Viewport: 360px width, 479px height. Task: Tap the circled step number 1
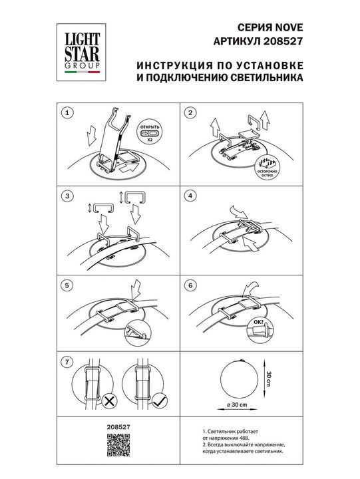click(65, 114)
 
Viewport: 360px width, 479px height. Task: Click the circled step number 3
click(65, 196)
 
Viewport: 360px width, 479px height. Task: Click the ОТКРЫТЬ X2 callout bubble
click(150, 132)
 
